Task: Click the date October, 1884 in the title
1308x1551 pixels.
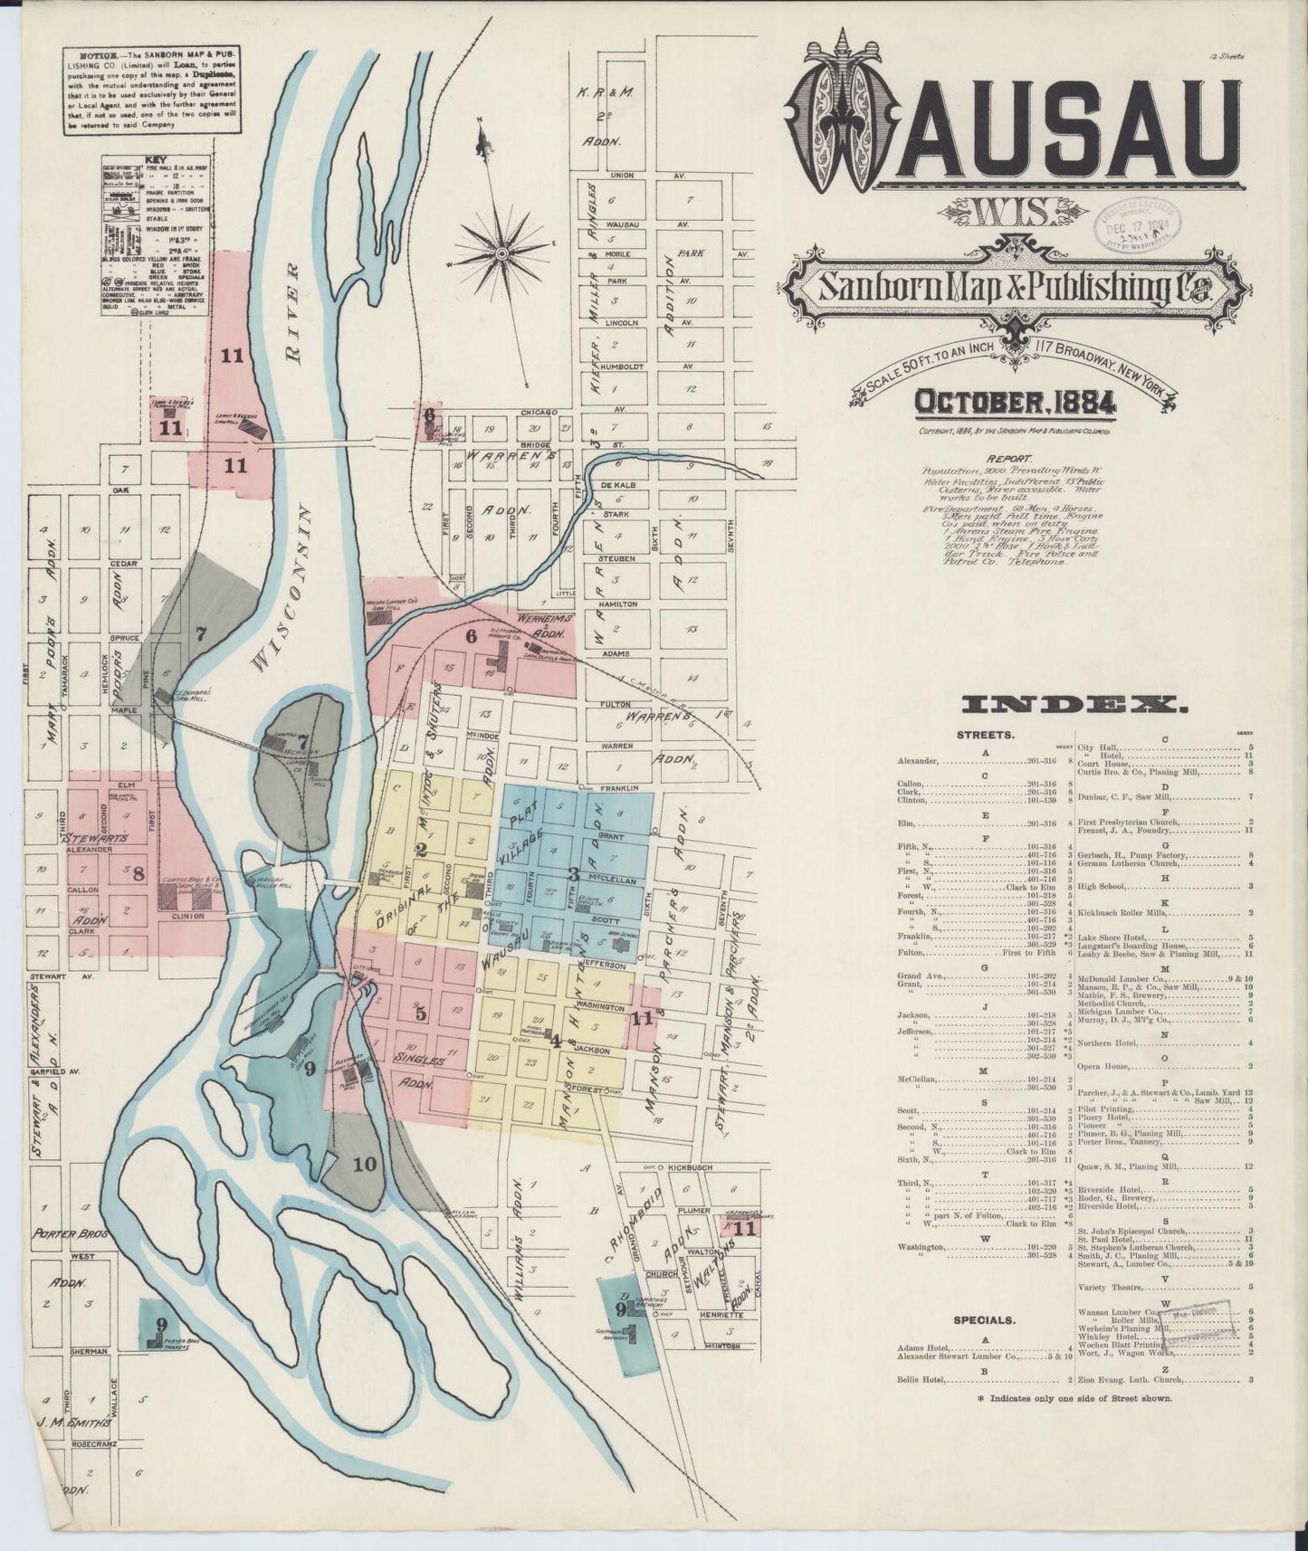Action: (1015, 400)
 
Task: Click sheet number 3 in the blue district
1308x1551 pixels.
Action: (572, 874)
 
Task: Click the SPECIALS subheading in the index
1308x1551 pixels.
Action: (985, 1320)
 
